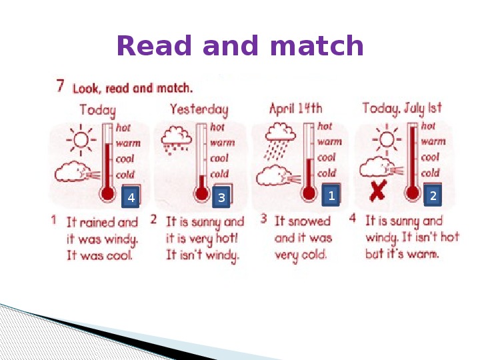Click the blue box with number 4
(131, 197)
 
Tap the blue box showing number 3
(221, 197)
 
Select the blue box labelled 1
(331, 195)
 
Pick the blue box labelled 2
(433, 195)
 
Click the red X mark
(379, 191)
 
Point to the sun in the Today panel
(81, 140)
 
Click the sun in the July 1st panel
(387, 139)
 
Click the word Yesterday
(199, 109)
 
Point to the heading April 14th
(296, 109)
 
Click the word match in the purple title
(317, 45)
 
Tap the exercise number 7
(60, 86)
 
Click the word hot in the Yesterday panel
(217, 127)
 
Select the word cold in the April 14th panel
(327, 173)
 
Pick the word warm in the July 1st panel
(433, 141)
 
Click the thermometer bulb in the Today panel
(107, 193)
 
